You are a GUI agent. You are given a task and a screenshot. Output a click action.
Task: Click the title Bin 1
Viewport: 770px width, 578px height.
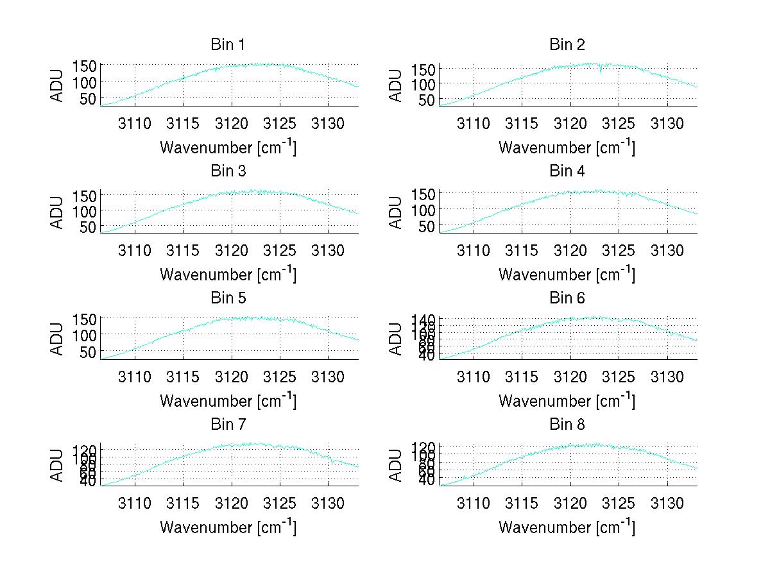228,45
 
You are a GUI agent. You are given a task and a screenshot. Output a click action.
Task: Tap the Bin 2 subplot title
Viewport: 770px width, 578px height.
567,45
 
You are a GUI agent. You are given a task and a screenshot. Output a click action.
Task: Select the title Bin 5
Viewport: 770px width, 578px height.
228,298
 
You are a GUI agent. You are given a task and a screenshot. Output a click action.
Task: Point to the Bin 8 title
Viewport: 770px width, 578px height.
567,425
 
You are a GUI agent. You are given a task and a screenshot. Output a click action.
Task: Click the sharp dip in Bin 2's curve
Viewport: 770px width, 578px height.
601,72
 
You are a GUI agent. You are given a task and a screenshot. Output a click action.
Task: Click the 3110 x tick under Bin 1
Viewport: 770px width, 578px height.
135,123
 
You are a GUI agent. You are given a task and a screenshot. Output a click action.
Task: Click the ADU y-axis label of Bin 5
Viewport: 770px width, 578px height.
58,339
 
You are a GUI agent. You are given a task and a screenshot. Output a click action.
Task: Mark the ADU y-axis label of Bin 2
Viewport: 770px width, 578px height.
397,85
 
